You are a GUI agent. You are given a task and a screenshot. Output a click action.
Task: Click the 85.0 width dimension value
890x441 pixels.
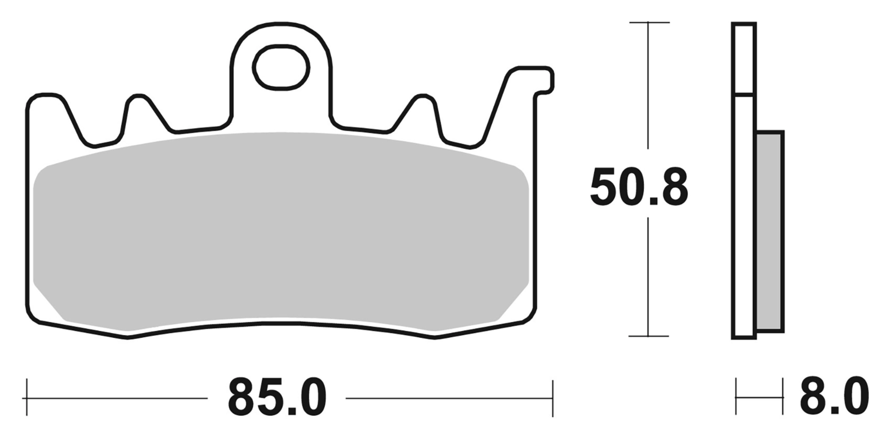click(277, 398)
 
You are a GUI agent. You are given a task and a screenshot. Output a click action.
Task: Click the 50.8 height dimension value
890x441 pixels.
click(639, 188)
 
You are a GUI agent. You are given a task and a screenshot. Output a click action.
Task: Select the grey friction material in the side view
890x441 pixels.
click(770, 231)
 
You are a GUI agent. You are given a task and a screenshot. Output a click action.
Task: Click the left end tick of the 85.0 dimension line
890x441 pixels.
click(27, 398)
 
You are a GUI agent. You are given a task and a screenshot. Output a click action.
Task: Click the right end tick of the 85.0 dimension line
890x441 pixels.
click(552, 398)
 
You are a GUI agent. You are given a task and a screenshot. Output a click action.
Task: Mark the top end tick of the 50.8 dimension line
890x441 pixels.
click(648, 23)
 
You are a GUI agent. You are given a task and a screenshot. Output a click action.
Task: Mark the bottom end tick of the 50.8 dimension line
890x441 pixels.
click(648, 336)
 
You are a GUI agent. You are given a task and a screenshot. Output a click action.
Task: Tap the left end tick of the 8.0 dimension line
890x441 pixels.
click(736, 397)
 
